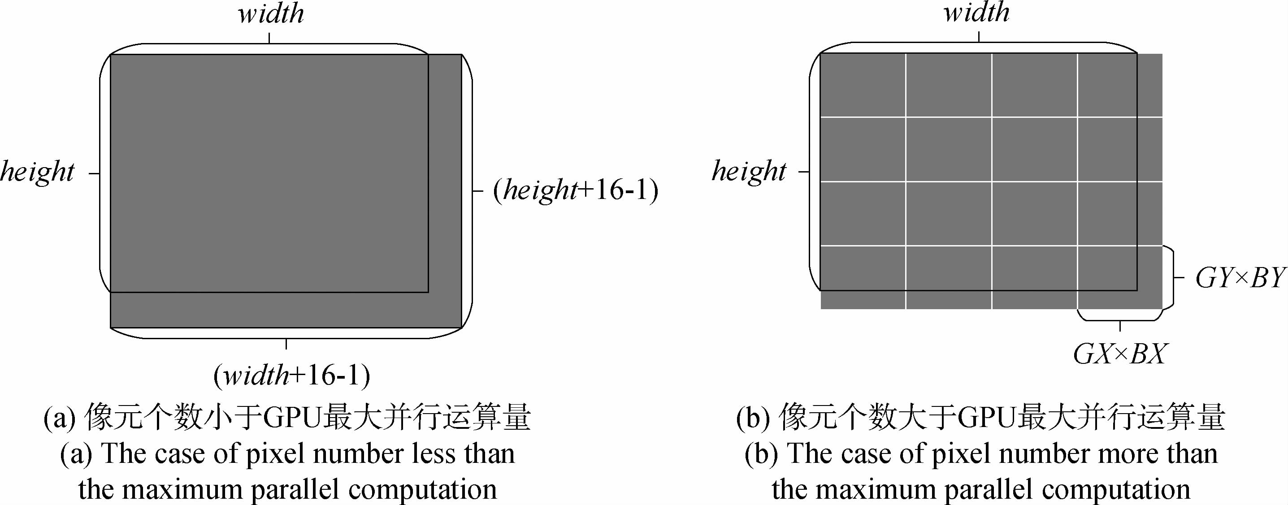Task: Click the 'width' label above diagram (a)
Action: click(271, 14)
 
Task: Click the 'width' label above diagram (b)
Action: click(976, 13)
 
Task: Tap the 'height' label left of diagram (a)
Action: click(38, 172)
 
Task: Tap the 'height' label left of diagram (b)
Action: click(749, 172)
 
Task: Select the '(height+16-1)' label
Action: click(576, 190)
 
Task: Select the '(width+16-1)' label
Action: click(291, 376)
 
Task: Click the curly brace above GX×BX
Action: click(1119, 316)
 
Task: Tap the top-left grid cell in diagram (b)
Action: click(863, 85)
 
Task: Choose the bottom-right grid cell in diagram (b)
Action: click(1120, 277)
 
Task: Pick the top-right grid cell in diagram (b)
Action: click(1120, 85)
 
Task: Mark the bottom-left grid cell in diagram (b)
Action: click(863, 277)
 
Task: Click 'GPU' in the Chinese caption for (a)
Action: click(291, 417)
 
